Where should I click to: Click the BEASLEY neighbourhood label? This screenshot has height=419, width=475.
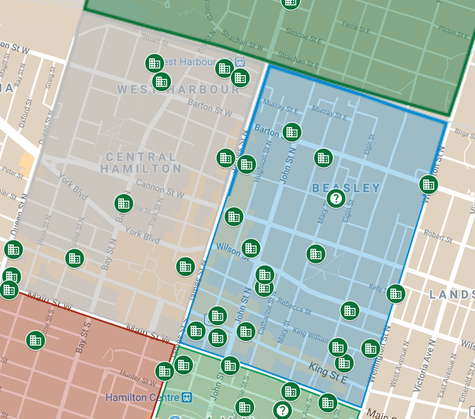click(346, 188)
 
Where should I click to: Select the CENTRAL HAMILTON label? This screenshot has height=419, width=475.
click(141, 163)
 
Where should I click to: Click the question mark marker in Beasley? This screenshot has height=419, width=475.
click(336, 199)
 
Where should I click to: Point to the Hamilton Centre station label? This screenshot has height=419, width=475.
click(142, 398)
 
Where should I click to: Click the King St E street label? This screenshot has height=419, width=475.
click(328, 373)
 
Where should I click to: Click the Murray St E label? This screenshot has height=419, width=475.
click(329, 114)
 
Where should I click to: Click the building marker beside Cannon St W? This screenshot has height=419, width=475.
click(123, 203)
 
